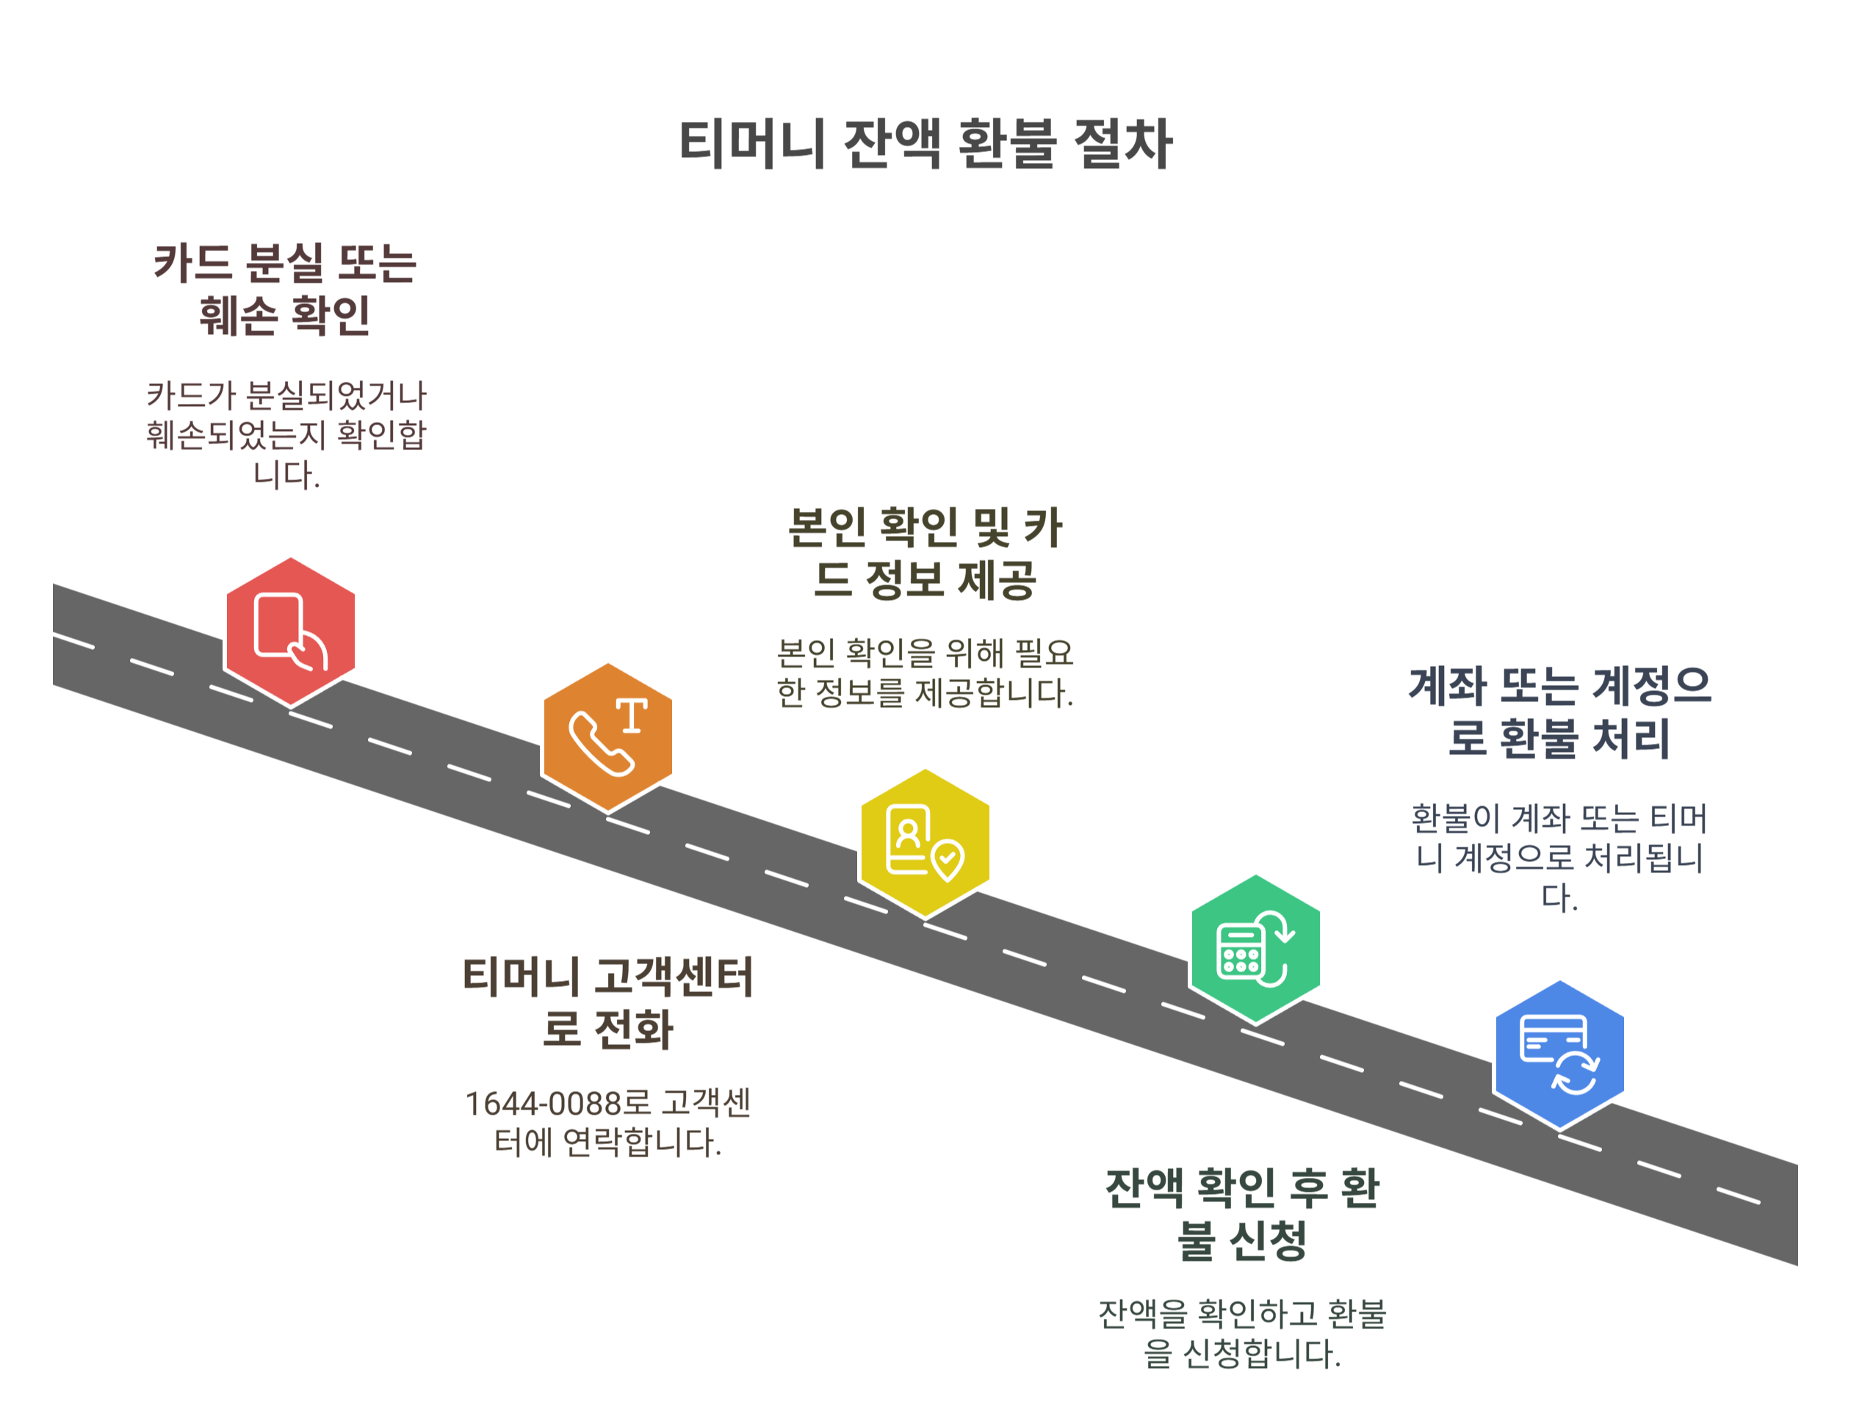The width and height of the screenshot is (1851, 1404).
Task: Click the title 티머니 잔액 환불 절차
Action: [x=925, y=144]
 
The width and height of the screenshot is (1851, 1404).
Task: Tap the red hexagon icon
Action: [x=290, y=632]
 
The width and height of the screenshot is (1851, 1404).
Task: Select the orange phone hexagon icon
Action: [x=607, y=737]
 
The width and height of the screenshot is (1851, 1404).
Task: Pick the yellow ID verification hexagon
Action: [x=925, y=842]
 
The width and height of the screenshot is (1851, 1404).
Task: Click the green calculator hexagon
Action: [x=1255, y=949]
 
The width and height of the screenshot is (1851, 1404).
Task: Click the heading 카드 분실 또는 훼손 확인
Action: [x=284, y=289]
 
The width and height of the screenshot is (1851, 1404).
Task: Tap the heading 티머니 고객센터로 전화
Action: [x=607, y=1002]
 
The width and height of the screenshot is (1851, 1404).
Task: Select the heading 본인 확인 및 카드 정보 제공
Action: [x=925, y=553]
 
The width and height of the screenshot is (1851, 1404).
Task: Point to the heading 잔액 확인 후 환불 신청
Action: [x=1242, y=1213]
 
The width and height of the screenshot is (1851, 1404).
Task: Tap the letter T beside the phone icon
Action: [x=632, y=716]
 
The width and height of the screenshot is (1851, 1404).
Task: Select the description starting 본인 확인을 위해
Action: [x=925, y=673]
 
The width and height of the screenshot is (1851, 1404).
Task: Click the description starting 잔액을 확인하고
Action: [x=1242, y=1333]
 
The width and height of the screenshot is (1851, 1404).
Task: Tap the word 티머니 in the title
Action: [x=751, y=144]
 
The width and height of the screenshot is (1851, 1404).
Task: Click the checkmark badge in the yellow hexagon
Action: [x=948, y=859]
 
